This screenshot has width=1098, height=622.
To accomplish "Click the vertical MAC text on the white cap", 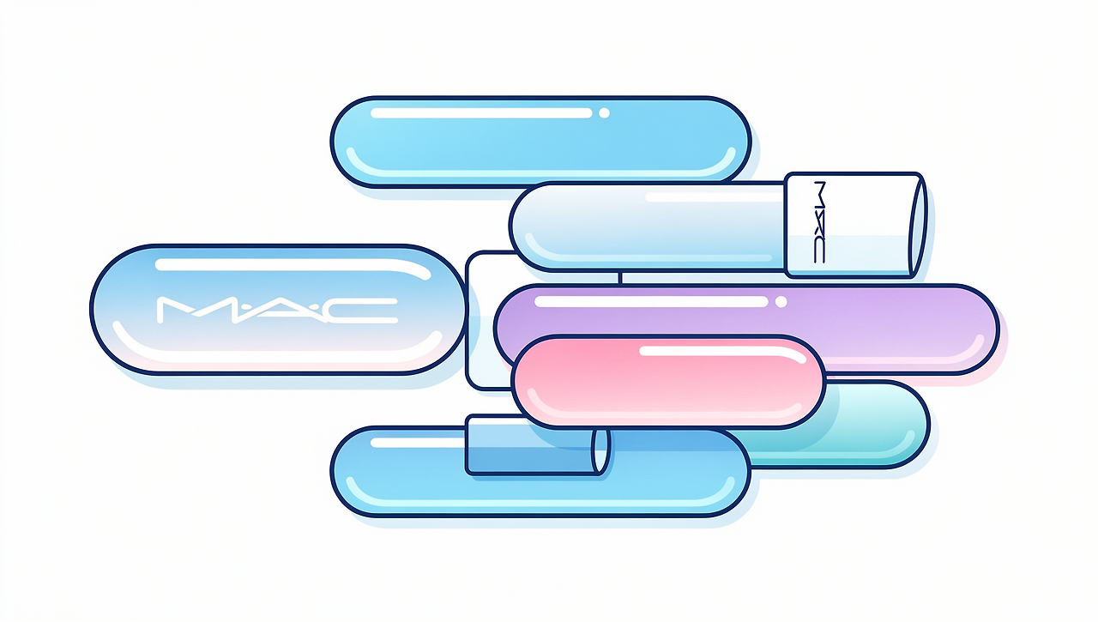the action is (817, 223).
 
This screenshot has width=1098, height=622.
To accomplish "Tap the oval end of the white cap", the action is (918, 225).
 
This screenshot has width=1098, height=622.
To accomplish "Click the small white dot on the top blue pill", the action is (604, 112).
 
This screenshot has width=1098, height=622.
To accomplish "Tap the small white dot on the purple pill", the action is (781, 301).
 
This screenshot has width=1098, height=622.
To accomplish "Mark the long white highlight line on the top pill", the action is (480, 112).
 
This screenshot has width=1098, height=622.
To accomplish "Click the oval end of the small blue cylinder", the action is (601, 450).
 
